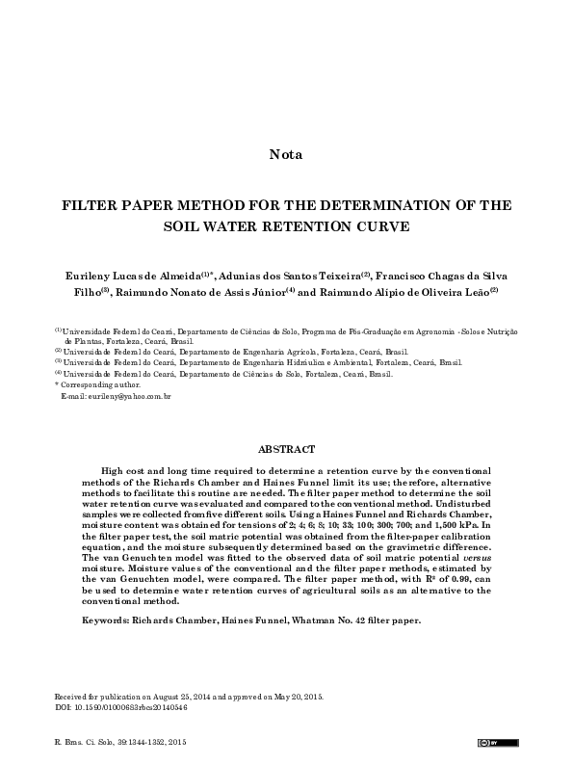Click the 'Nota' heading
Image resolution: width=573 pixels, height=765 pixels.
pos(286,154)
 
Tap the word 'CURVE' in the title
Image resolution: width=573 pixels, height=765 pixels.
pos(380,228)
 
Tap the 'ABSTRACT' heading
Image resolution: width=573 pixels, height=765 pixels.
pos(286,449)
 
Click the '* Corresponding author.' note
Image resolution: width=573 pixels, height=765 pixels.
pos(97,384)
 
